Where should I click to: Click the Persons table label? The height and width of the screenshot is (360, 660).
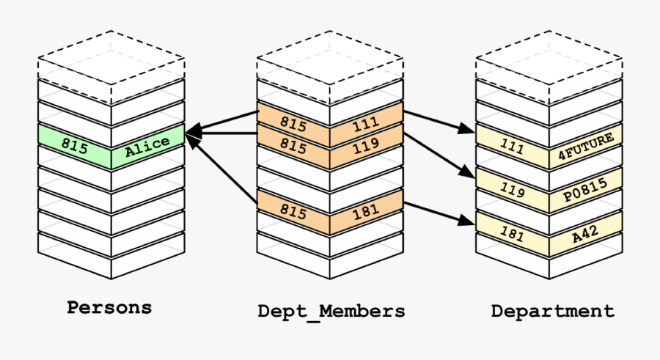(x=109, y=308)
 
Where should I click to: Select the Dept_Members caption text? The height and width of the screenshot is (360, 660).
(x=331, y=311)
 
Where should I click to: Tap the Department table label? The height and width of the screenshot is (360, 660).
(x=553, y=311)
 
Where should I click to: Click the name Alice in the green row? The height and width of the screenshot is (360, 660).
(x=147, y=147)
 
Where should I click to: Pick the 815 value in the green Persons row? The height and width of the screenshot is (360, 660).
(x=75, y=146)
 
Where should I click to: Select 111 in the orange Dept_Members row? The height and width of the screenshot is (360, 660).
(x=365, y=125)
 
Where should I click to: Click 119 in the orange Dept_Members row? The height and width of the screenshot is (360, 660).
(x=365, y=147)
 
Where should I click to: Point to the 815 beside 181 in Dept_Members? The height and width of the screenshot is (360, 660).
(x=293, y=210)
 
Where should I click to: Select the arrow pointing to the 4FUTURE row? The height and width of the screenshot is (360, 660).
(x=440, y=122)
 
